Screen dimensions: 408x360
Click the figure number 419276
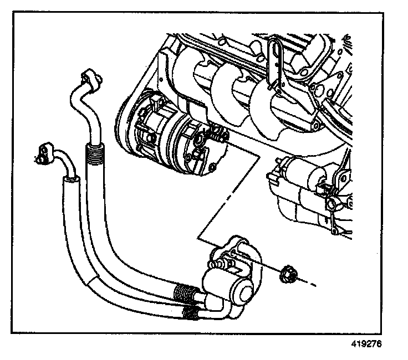367,343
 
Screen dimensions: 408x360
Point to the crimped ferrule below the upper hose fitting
94,150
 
